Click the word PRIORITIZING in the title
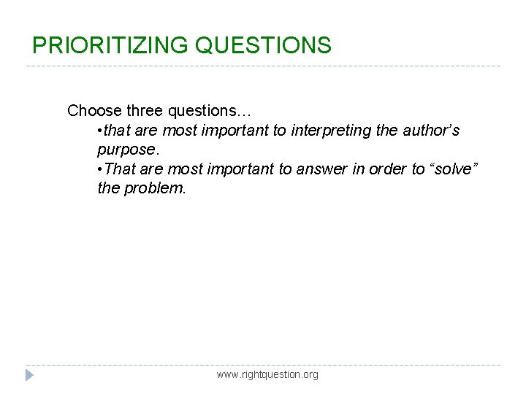tap(110, 45)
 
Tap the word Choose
tap(94, 111)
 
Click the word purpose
tap(127, 150)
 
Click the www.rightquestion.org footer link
tap(267, 374)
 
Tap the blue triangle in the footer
tap(29, 375)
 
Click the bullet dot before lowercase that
tap(99, 131)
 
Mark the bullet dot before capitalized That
tap(99, 170)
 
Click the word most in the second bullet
tap(182, 169)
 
